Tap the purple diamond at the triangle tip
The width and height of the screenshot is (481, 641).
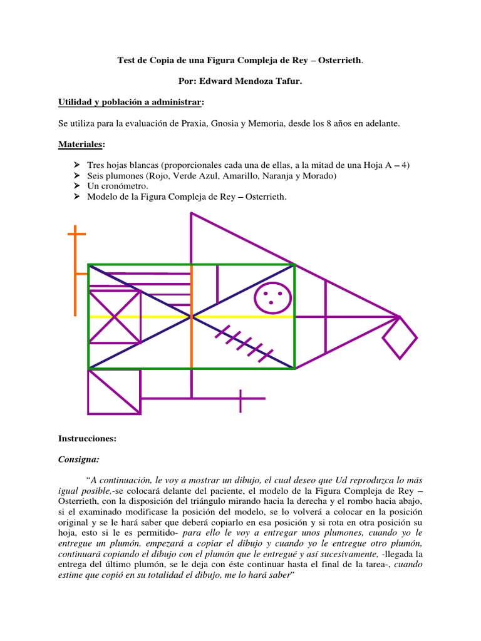point(400,337)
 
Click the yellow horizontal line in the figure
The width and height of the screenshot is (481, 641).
point(244,317)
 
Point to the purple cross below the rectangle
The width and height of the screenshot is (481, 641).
point(241,399)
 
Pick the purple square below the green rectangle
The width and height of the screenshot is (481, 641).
point(115,391)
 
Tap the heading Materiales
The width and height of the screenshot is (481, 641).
point(81,145)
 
